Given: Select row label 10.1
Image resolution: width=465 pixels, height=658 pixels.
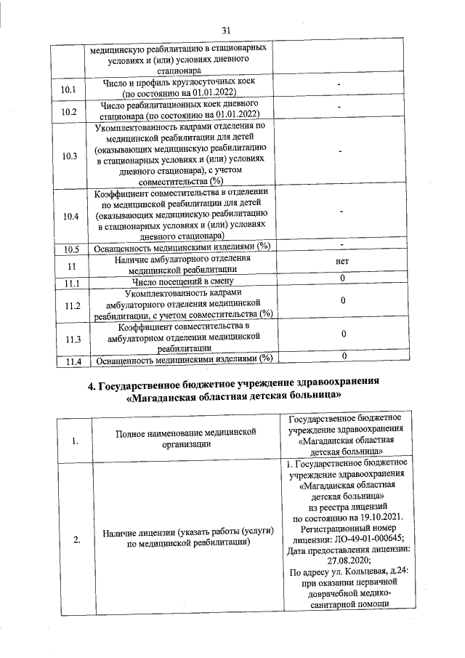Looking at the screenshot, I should pyautogui.click(x=70, y=89).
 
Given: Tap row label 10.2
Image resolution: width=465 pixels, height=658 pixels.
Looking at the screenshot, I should pyautogui.click(x=70, y=112).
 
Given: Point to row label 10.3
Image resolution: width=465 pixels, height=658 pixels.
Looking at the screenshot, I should pyautogui.click(x=70, y=156).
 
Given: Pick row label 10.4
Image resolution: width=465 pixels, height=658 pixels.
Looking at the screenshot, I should pyautogui.click(x=70, y=216).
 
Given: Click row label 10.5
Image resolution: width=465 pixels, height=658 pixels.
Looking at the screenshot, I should pyautogui.click(x=70, y=249).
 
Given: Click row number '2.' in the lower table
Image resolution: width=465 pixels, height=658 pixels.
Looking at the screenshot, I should pyautogui.click(x=76, y=539).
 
